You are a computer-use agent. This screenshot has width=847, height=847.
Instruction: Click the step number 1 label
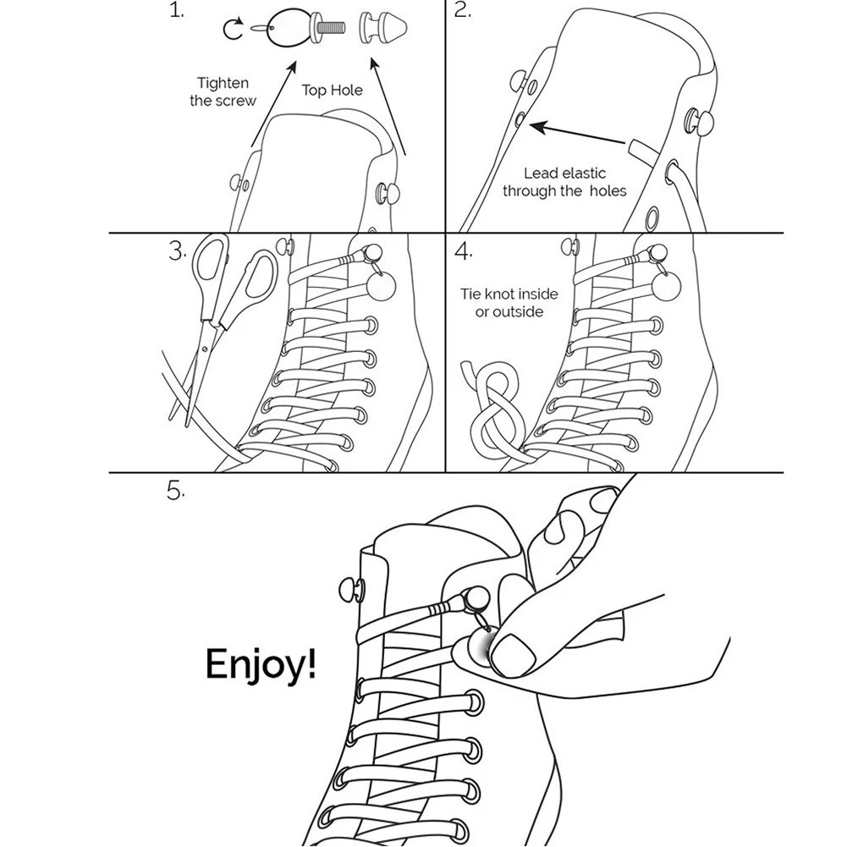point(176,11)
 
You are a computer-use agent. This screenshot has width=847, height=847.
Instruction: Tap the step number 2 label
point(462,11)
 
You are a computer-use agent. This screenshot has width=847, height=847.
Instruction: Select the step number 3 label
point(177,251)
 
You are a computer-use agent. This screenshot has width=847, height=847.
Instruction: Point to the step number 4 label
point(463,252)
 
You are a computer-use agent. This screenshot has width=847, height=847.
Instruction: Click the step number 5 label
point(175,491)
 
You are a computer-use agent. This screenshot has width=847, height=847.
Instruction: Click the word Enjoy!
point(261,666)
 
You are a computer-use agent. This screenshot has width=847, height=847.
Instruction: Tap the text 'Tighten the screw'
point(223,91)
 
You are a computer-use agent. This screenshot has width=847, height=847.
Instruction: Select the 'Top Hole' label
point(332,91)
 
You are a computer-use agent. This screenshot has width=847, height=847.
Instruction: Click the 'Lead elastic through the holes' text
point(564,182)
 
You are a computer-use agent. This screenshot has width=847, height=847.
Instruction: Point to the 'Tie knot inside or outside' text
point(509,303)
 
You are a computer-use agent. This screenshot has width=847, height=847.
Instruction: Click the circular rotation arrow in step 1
point(233,30)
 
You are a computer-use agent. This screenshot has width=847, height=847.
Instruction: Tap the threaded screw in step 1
point(333,27)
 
